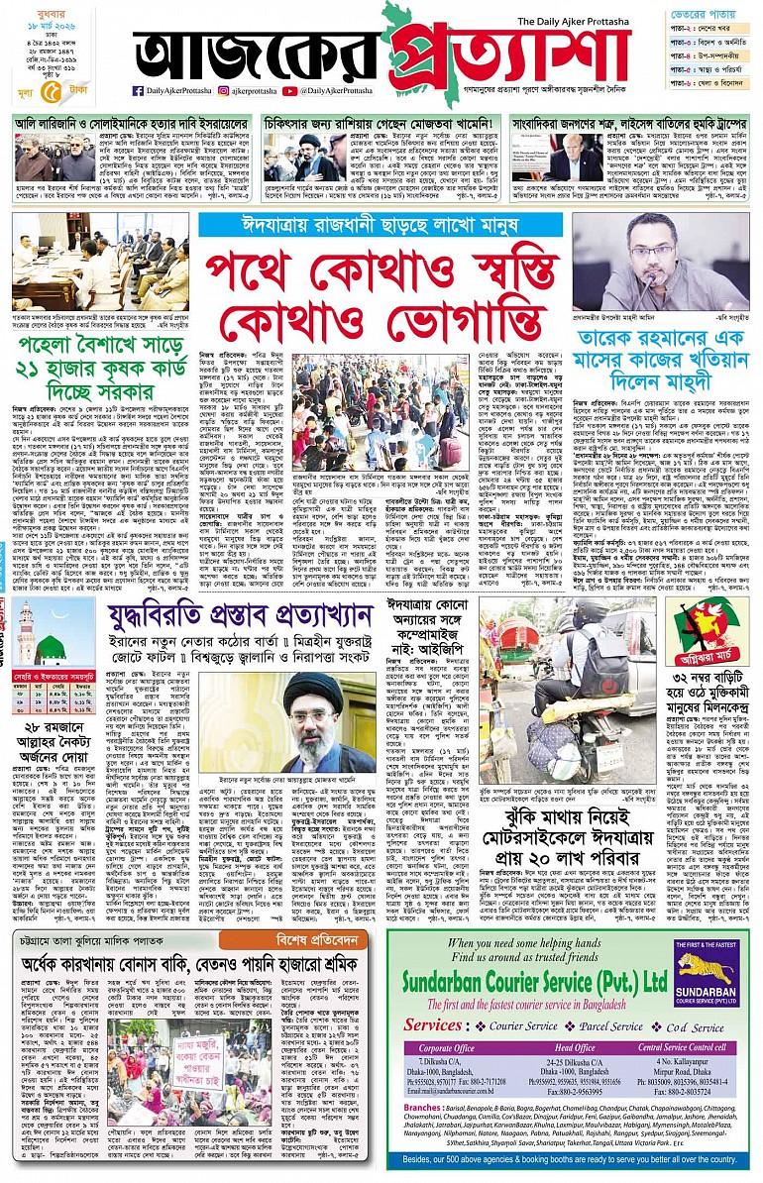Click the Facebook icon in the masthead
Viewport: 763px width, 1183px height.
(137, 91)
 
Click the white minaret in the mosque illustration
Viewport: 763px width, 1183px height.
(25, 634)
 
